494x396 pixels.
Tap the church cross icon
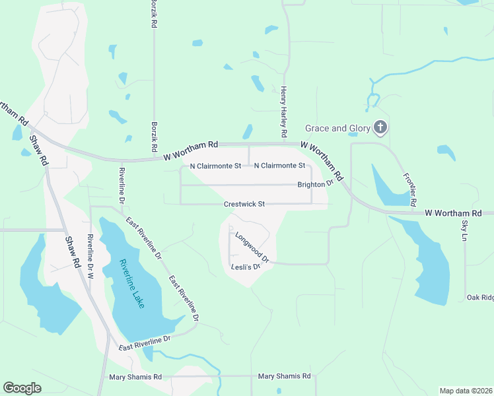(x=380, y=127)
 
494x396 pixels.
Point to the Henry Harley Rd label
(x=284, y=112)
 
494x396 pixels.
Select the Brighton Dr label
(x=315, y=185)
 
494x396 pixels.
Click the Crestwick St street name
(x=244, y=204)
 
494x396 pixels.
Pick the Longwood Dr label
(x=252, y=247)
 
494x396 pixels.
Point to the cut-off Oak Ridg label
(x=479, y=298)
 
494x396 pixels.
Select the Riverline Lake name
(x=135, y=286)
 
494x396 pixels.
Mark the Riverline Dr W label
(x=90, y=257)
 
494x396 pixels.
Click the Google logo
(x=22, y=388)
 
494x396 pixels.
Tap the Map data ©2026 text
(x=466, y=390)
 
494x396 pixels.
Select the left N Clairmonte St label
(x=215, y=166)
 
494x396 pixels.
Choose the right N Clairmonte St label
(x=279, y=166)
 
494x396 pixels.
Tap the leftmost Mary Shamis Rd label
(x=135, y=377)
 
